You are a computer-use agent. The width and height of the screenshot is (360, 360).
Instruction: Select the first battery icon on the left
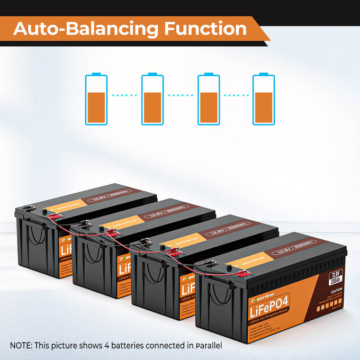click(x=96, y=99)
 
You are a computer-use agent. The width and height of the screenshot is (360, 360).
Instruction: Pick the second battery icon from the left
click(x=152, y=99)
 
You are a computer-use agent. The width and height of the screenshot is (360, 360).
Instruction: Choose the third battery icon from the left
click(x=208, y=99)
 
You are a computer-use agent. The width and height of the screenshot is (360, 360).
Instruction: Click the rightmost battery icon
click(x=264, y=99)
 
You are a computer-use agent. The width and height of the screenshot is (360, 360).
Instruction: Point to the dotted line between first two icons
click(x=124, y=96)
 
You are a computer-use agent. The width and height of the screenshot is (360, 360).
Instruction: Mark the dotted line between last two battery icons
click(x=236, y=96)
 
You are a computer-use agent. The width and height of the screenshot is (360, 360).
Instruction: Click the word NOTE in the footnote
click(x=21, y=345)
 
